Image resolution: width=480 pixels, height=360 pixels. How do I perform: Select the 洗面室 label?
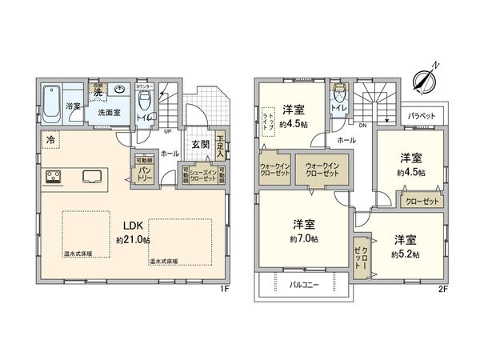tap(110, 113)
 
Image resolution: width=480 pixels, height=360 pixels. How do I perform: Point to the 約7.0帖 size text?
tap(303, 238)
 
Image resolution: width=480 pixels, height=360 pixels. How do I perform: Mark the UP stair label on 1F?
tap(166, 131)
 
